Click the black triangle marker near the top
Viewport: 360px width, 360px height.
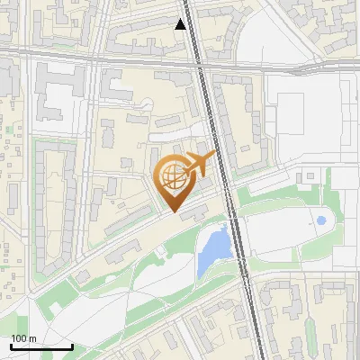point(181,25)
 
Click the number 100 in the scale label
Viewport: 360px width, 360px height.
point(20,337)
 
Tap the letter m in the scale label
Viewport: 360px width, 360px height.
point(33,337)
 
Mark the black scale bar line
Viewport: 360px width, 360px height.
point(41,346)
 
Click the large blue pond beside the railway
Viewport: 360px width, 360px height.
point(212,247)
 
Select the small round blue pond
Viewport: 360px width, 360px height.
point(321,220)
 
